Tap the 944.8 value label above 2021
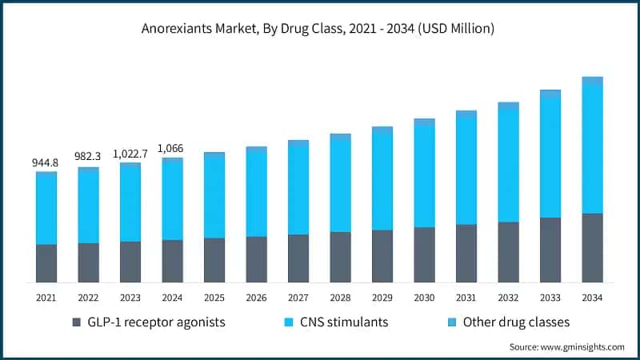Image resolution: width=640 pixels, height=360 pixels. pyautogui.click(x=46, y=162)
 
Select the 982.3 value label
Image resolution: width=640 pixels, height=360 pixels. pyautogui.click(x=88, y=158)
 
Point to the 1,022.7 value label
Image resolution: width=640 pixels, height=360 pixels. pyautogui.click(x=130, y=153)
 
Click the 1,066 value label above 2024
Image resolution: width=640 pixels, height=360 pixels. pyautogui.click(x=172, y=148)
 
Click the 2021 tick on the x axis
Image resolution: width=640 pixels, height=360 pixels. pyautogui.click(x=46, y=297)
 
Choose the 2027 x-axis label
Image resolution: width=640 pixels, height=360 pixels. pyautogui.click(x=298, y=297)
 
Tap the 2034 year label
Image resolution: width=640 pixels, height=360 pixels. pyautogui.click(x=592, y=297)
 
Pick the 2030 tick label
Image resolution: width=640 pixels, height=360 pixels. pyautogui.click(x=424, y=297)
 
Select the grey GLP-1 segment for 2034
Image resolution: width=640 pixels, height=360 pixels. pyautogui.click(x=592, y=248)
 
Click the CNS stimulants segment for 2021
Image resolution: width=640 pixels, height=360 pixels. pyautogui.click(x=46, y=209)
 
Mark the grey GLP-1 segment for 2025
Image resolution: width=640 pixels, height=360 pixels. pyautogui.click(x=214, y=260)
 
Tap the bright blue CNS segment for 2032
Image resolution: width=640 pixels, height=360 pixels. pyautogui.click(x=508, y=165)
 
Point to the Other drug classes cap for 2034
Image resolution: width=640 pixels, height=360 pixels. pyautogui.click(x=592, y=81)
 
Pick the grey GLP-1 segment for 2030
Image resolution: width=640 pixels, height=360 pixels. pyautogui.click(x=424, y=254)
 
